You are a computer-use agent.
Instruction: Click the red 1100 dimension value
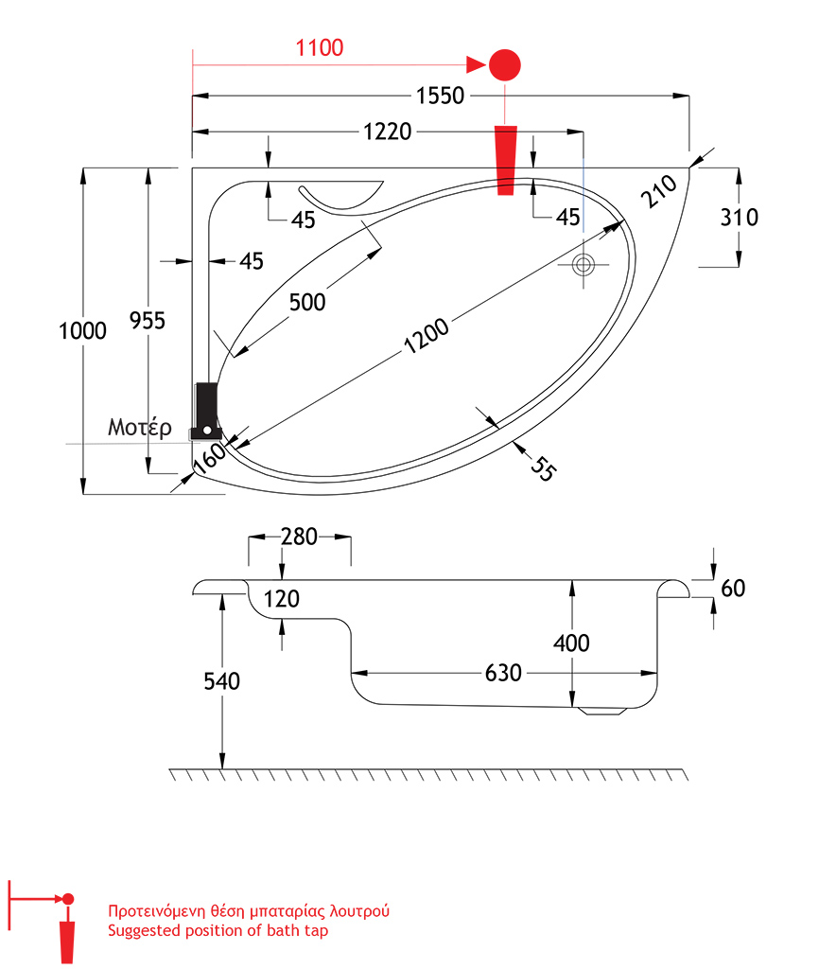tap(320, 47)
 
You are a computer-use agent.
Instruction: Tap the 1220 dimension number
tap(386, 132)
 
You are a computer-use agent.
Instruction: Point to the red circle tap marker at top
tap(505, 64)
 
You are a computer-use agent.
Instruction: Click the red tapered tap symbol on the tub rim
tap(507, 160)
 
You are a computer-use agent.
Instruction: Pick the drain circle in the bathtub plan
tap(583, 264)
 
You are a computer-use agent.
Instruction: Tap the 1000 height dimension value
tap(82, 330)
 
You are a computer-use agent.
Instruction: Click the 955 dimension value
tap(148, 321)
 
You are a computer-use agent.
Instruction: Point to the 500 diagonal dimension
tap(307, 302)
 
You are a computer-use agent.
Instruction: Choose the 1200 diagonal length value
tap(427, 338)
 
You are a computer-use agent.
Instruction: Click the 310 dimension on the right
tap(739, 217)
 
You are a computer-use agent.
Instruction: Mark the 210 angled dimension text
tap(660, 191)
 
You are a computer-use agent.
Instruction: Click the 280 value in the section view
tap(299, 537)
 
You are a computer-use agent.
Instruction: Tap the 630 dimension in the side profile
tap(503, 673)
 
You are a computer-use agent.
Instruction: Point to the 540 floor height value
tap(221, 680)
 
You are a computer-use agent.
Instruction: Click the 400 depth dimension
tap(571, 643)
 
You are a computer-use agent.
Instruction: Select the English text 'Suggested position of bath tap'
tap(218, 931)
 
